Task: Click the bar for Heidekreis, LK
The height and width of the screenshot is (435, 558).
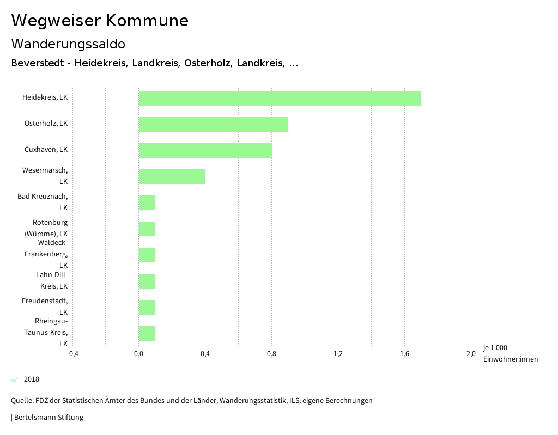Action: (x=280, y=98)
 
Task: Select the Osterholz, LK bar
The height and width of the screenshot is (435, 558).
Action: (x=213, y=124)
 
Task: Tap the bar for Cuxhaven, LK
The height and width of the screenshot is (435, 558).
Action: (x=205, y=150)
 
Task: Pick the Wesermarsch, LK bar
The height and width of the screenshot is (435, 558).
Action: (x=172, y=176)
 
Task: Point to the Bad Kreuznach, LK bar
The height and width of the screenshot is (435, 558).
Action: (x=147, y=203)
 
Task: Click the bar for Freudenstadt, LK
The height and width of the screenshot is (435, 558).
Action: (x=147, y=307)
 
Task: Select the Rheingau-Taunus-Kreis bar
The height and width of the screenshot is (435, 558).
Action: (x=147, y=333)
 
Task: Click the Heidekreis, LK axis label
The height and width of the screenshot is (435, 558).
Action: (x=45, y=97)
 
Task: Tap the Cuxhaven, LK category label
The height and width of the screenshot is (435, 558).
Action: (x=46, y=150)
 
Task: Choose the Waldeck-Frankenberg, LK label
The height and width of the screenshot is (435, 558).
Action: (x=46, y=254)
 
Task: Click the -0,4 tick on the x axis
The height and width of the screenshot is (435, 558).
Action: (x=72, y=353)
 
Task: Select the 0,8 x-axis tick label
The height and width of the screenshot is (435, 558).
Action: (x=271, y=353)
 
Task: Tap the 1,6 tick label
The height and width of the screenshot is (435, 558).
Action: (x=404, y=353)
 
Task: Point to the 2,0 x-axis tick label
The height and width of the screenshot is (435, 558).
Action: (x=471, y=353)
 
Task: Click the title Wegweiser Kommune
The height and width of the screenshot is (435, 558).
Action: (x=100, y=21)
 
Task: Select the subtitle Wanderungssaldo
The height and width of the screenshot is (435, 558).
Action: (x=68, y=44)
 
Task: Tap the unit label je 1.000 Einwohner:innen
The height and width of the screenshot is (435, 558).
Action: (x=510, y=353)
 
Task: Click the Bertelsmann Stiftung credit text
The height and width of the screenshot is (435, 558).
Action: (x=48, y=418)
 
